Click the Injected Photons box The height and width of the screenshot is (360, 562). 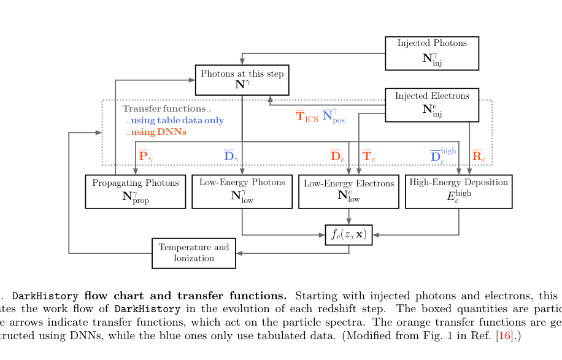point(431,53)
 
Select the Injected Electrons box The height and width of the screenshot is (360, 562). point(431,105)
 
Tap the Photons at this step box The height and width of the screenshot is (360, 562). point(242,80)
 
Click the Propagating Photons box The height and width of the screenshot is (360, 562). point(135,191)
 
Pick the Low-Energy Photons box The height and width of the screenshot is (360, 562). point(242,191)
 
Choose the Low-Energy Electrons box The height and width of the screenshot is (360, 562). point(348,191)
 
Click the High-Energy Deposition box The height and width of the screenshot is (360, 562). point(458,191)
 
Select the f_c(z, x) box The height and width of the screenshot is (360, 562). point(348,234)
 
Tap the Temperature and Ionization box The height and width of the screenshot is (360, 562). point(193,253)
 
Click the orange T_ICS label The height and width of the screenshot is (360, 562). point(306,117)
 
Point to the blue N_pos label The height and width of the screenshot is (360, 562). point(333,115)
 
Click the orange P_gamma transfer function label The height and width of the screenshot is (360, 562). point(145,156)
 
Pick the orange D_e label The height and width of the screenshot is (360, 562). point(337,156)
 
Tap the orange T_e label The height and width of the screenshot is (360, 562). point(368,156)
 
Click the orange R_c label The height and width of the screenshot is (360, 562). point(479,156)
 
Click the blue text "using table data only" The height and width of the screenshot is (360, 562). point(175,121)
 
